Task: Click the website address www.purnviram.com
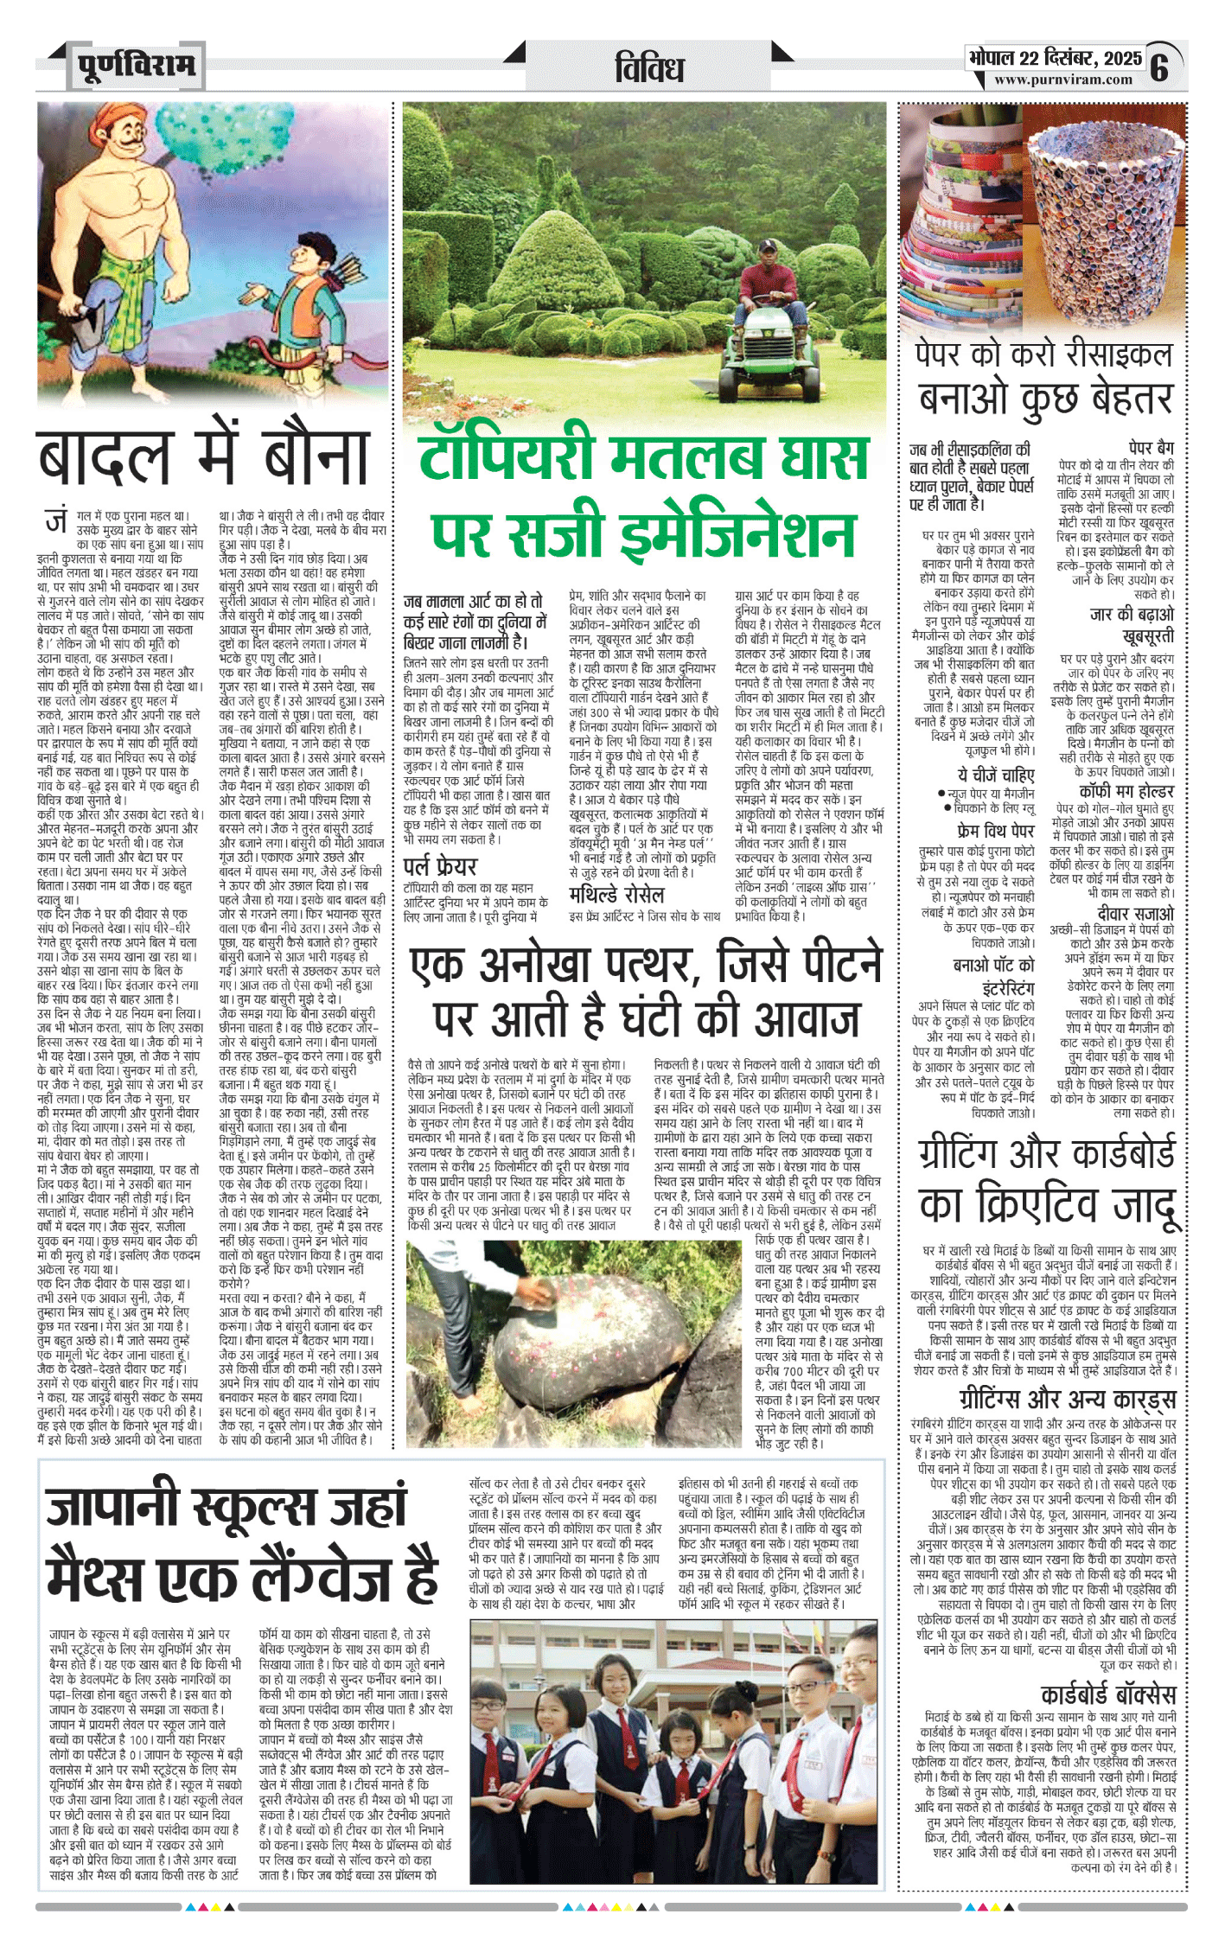pos(1062,80)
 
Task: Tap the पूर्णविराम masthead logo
pos(136,65)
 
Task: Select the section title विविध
pos(649,67)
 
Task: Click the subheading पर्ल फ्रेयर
pos(440,866)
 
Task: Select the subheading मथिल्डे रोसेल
pos(616,895)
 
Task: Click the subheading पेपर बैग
pos(1152,448)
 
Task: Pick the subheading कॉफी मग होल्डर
pos(1126,792)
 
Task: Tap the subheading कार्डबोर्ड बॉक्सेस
pos(1108,1694)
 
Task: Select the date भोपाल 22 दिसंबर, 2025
pos(1055,58)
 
